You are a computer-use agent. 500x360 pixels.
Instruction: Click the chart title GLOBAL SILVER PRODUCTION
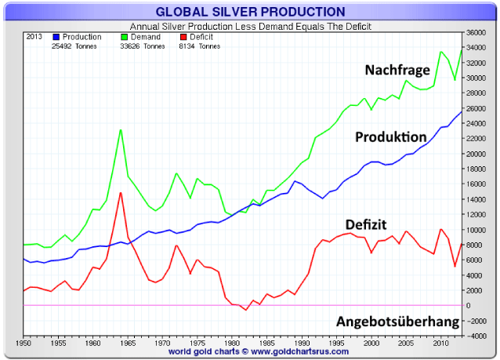click(x=250, y=12)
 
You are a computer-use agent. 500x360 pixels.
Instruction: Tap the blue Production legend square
click(x=56, y=37)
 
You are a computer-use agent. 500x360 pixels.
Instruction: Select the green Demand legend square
click(x=125, y=37)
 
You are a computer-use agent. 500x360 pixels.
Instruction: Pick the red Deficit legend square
click(x=183, y=37)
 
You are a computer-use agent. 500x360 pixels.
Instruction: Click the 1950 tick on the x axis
click(x=24, y=343)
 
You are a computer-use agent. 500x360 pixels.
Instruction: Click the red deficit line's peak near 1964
click(x=121, y=192)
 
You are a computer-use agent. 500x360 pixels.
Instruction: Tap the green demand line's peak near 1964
click(x=121, y=129)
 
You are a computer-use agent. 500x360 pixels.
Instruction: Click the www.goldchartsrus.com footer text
click(x=292, y=352)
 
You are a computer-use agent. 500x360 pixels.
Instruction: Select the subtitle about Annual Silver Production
click(x=250, y=25)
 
